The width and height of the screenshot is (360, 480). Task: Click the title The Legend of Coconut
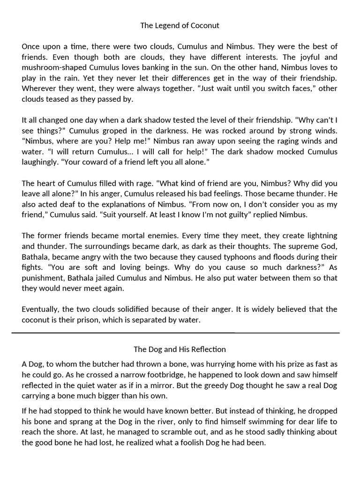click(180, 26)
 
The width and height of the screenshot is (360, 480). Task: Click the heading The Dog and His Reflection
click(180, 349)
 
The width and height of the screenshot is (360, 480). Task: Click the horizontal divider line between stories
click(180, 333)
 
